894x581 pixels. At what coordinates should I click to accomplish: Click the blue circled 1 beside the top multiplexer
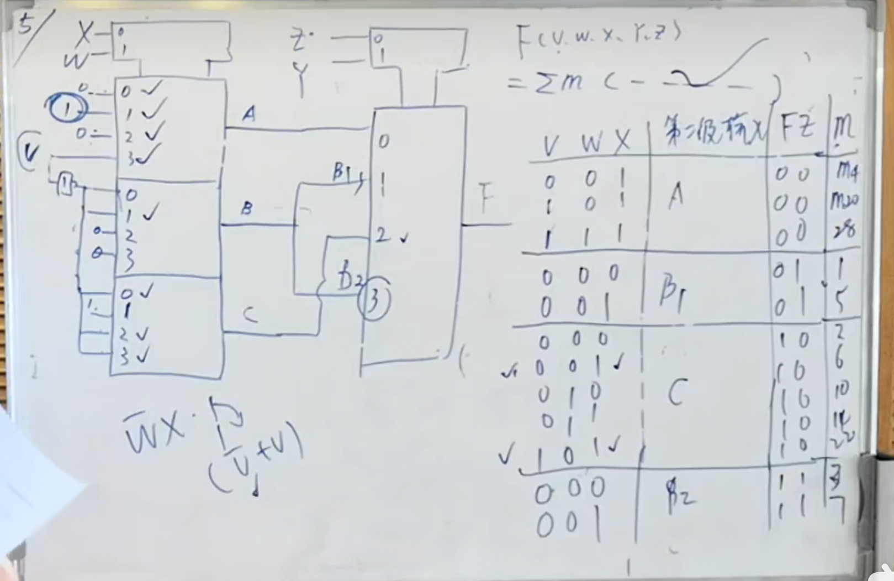pos(67,108)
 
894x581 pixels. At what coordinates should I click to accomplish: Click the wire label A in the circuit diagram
pos(249,114)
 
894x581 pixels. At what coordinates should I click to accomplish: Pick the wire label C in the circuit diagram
pos(250,315)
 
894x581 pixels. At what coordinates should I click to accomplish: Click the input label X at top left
pos(84,34)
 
